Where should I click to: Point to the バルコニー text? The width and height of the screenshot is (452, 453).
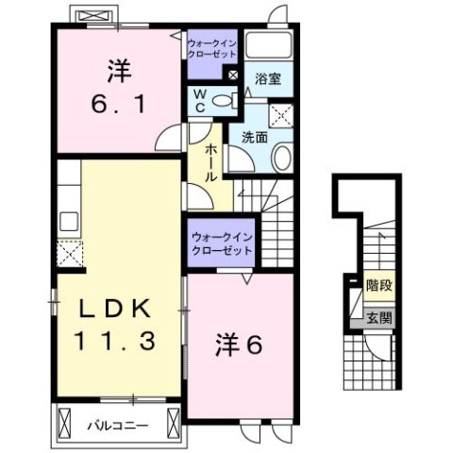(118, 425)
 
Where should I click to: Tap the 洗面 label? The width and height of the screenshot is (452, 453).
(253, 138)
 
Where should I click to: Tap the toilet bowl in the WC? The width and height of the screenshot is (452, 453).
(223, 101)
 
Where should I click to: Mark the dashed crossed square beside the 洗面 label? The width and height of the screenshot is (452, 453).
(281, 116)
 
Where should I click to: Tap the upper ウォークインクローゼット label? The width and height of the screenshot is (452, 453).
(213, 48)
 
